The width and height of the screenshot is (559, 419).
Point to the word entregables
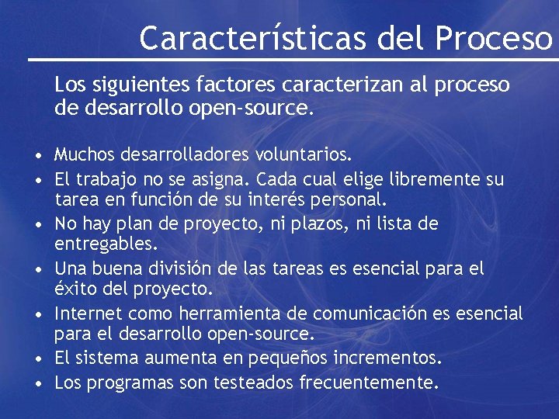pos(106,244)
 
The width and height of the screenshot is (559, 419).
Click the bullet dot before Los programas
pos(37,383)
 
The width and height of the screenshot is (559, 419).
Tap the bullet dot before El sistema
pos(37,359)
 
